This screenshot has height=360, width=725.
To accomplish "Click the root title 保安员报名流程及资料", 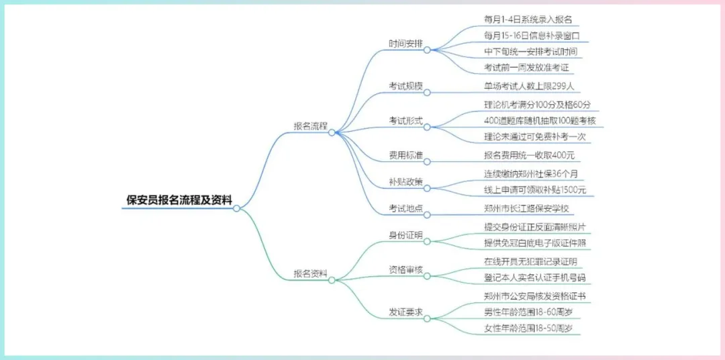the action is click(x=179, y=199).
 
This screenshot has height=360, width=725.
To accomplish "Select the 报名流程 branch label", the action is click(x=310, y=126).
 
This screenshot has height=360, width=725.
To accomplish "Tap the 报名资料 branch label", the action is click(x=310, y=273).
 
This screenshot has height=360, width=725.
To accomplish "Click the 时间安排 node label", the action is click(x=406, y=44).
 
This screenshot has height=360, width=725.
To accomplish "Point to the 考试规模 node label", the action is click(x=406, y=86).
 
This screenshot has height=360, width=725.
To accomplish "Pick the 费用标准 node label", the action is click(x=406, y=155).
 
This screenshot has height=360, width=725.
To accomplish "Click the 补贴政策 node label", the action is click(x=406, y=181).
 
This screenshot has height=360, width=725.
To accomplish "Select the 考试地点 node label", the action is click(x=406, y=208).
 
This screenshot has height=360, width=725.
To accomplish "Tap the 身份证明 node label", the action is click(x=406, y=235).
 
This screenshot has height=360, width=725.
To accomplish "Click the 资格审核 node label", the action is click(x=406, y=270).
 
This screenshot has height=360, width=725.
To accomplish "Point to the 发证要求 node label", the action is click(x=406, y=312).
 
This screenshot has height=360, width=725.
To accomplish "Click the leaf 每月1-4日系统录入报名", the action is click(x=528, y=19).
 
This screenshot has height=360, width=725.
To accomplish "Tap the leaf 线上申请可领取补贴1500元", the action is click(x=535, y=190).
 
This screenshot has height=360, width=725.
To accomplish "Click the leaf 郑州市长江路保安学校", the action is click(x=526, y=208).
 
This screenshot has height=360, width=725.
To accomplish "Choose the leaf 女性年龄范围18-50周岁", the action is click(x=528, y=328).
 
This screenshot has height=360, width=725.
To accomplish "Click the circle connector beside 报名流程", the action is click(x=332, y=133).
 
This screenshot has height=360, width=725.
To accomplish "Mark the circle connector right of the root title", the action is click(x=236, y=208).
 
